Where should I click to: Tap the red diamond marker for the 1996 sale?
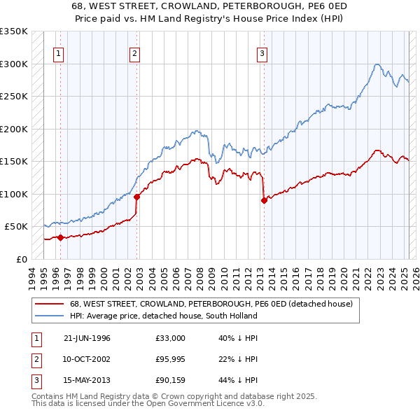point(60,237)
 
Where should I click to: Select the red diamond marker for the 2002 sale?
point(137,197)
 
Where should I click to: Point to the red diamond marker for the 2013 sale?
point(264,201)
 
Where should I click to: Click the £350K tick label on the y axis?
point(14,31)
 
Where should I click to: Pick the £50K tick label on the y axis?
point(16,227)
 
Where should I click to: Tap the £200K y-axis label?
point(14,129)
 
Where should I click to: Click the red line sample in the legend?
point(48,304)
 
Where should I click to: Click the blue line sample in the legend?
point(48,316)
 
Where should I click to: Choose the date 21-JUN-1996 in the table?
point(87,338)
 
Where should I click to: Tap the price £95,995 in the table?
point(171,359)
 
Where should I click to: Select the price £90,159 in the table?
point(171,380)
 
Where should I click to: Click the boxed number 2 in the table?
point(35,359)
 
